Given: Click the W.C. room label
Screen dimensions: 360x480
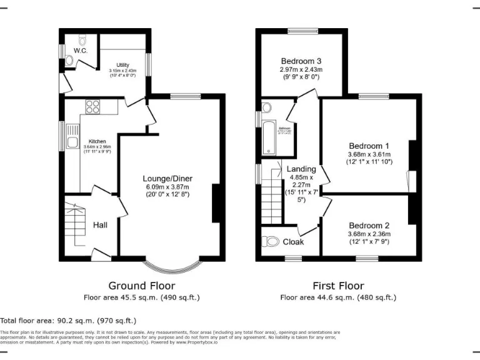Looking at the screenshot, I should (x=80, y=50).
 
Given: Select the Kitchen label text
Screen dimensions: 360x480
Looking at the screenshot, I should (x=97, y=141).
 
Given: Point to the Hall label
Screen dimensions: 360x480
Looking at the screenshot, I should (x=101, y=224).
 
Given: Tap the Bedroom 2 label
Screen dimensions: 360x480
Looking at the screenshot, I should (x=369, y=226).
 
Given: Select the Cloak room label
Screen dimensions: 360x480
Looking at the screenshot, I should (x=293, y=242).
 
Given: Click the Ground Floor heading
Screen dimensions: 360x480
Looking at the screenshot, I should (x=141, y=285).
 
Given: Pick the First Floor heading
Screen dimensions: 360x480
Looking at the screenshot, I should (x=337, y=285).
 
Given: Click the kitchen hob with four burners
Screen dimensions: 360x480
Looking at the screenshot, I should (x=92, y=106).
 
